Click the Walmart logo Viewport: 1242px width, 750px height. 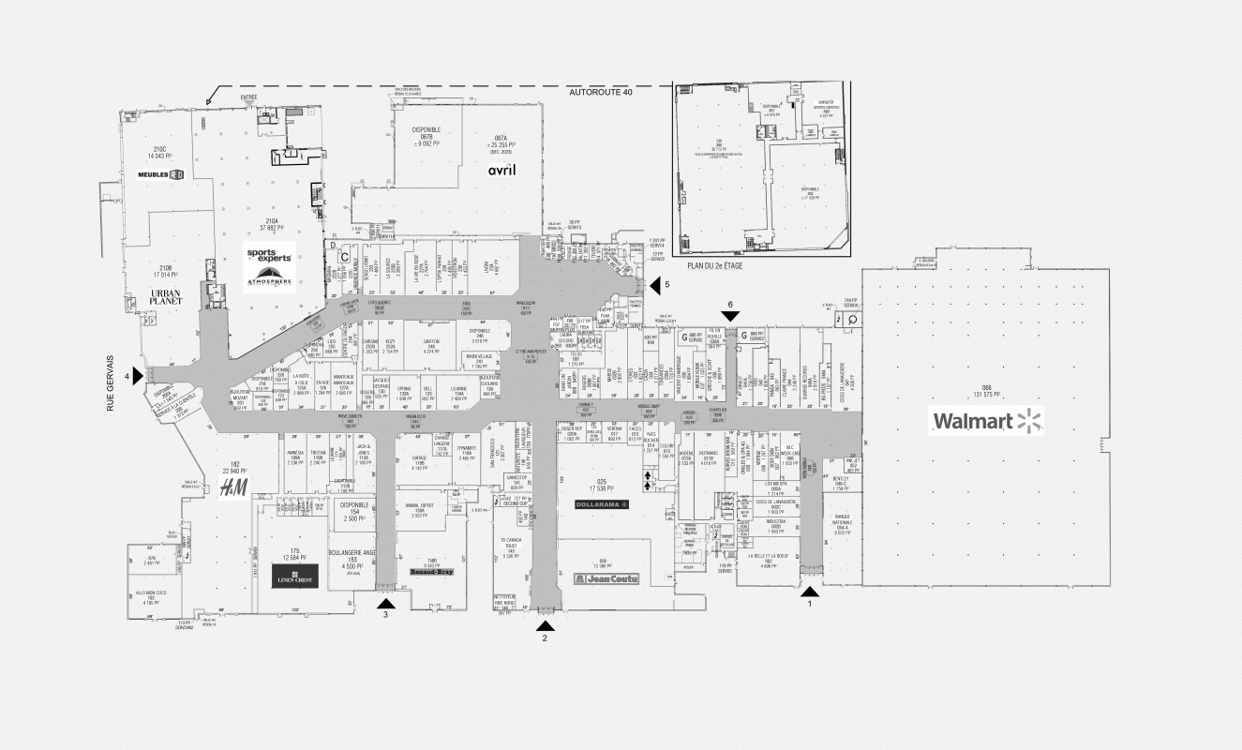[987, 421]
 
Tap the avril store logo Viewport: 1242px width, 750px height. [502, 171]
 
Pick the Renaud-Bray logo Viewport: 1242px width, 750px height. [430, 570]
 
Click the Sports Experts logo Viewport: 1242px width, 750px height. [269, 254]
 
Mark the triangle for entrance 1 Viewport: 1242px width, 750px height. [809, 592]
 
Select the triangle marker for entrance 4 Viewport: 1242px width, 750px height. [138, 376]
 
